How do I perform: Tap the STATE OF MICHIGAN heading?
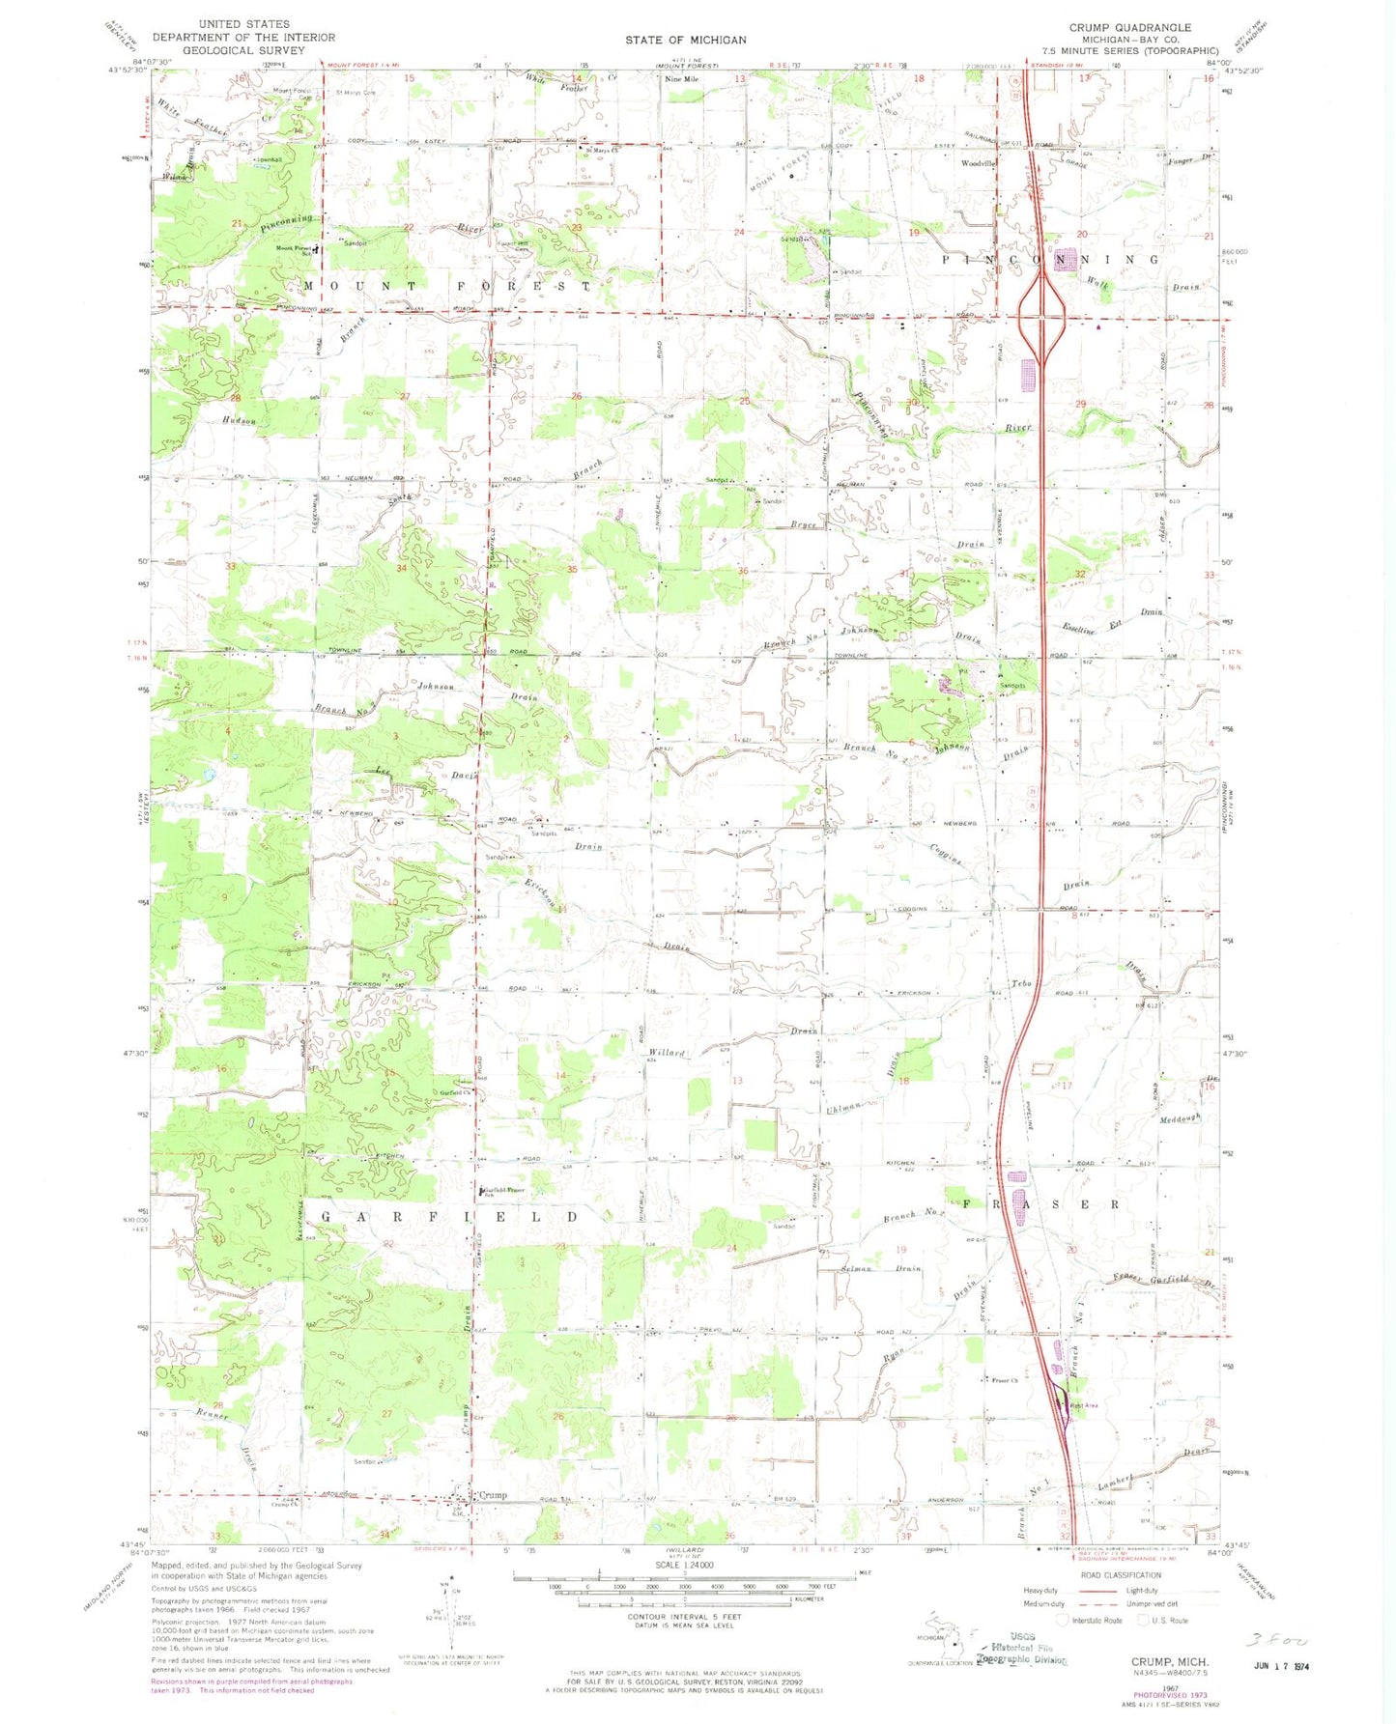[685, 40]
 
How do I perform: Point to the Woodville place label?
[978, 164]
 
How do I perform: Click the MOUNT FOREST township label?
[446, 286]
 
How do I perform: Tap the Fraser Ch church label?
[1004, 1380]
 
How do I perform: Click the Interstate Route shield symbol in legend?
[1063, 1620]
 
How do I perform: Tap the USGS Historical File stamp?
[1024, 1653]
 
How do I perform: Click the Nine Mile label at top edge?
[681, 79]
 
